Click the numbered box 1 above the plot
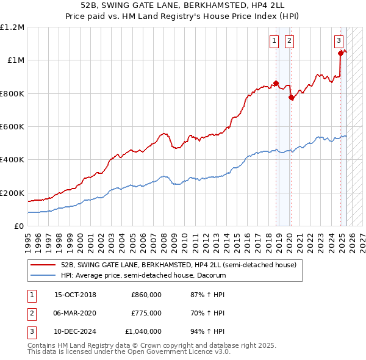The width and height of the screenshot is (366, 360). [x=274, y=41]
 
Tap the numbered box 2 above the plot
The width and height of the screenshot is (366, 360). [x=289, y=41]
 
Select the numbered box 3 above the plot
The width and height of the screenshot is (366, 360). [x=339, y=41]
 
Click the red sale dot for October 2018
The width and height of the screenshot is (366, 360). [x=276, y=84]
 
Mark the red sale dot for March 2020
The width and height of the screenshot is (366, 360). [x=291, y=98]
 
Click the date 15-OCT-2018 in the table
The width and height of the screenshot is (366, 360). [x=75, y=295]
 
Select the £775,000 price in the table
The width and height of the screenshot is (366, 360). [x=146, y=313]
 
